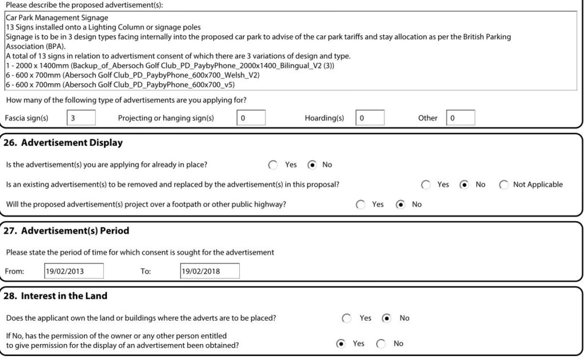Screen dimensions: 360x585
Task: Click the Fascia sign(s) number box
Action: coord(81,118)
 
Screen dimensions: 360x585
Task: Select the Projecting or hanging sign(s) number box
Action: coord(251,118)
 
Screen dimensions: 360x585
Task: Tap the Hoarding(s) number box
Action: coord(370,118)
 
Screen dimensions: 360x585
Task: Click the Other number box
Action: coord(460,118)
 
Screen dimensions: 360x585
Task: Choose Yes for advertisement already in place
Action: coord(273,165)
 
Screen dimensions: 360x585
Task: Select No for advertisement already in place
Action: coord(312,165)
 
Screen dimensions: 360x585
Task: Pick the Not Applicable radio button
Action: coord(503,185)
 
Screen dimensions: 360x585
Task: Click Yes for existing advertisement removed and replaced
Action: coord(426,185)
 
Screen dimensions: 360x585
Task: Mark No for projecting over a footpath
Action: coord(401,205)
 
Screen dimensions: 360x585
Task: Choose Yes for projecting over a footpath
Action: coord(360,205)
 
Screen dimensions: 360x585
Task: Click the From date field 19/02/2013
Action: coord(74,271)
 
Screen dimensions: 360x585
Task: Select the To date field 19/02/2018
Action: coord(210,271)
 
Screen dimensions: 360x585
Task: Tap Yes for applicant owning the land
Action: coord(347,318)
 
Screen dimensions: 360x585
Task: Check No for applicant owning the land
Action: coord(387,318)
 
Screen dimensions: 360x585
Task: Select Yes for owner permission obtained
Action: coord(341,343)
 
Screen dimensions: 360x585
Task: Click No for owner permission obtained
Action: coord(381,343)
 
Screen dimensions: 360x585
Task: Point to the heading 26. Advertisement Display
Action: coord(63,143)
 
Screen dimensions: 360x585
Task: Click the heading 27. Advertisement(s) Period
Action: coord(66,231)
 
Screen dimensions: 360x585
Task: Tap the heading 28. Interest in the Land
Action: coord(55,296)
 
